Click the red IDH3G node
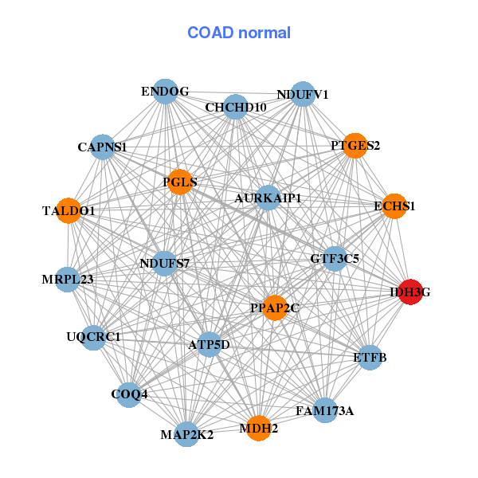point(410,292)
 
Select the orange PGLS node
point(180,182)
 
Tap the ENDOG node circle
point(165,92)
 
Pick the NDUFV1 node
point(303,94)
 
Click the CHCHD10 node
point(236,107)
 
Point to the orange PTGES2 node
point(355,146)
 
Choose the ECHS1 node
point(394,206)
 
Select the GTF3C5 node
point(335,259)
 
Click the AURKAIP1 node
point(268,198)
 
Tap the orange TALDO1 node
point(69,210)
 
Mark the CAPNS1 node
point(103,147)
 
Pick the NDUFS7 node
point(164,264)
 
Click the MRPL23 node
point(68,280)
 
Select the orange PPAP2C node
point(275,308)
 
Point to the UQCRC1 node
point(93,338)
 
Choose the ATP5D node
point(209,345)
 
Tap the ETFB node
point(370,358)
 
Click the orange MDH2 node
point(258,429)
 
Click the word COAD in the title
point(210,33)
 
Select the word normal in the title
point(264,33)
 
